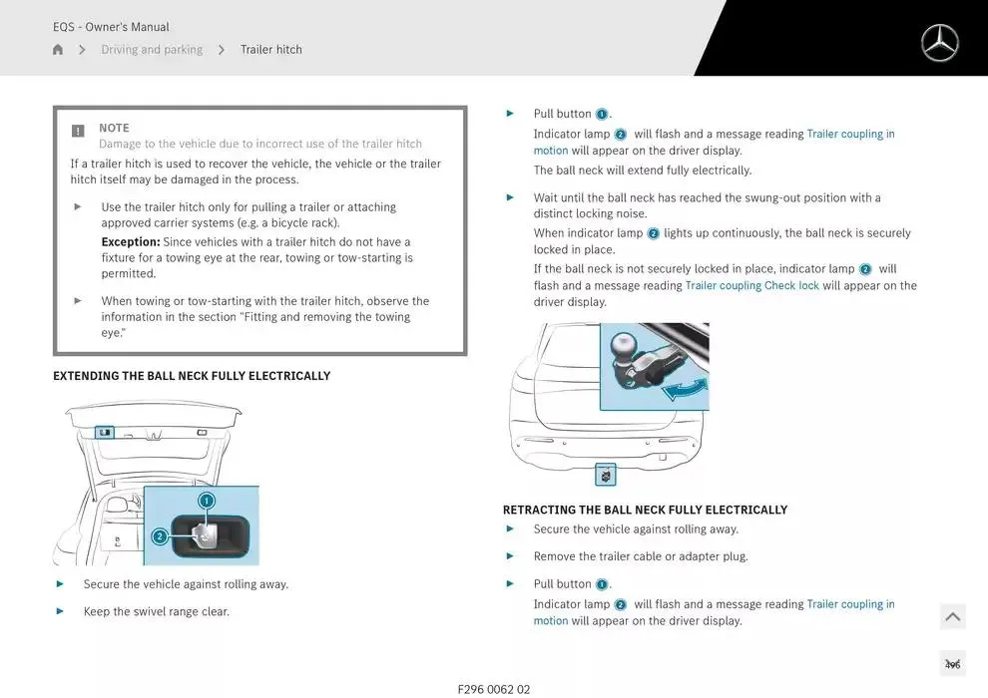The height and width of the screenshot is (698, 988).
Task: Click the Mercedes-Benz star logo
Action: (x=939, y=43)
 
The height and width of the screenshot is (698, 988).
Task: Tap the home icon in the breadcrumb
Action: (x=58, y=50)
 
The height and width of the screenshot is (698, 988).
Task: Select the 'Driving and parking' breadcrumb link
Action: (x=152, y=50)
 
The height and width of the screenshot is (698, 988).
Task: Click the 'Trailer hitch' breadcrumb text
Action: (x=270, y=50)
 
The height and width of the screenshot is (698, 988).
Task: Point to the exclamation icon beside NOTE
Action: (x=78, y=131)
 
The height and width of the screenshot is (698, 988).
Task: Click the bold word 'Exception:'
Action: (x=131, y=242)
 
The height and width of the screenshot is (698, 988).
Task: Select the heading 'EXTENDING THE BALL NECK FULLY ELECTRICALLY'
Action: (x=192, y=376)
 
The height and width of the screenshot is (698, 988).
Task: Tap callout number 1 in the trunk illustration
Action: (x=207, y=501)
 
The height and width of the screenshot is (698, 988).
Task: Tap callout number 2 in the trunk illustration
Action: (x=159, y=536)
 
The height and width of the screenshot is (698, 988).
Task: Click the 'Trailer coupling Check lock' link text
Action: (x=751, y=286)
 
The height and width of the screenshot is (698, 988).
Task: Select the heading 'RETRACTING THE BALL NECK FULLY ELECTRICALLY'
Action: (x=645, y=510)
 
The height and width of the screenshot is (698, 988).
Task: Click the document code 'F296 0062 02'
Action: (x=494, y=689)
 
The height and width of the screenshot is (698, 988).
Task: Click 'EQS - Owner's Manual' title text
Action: (x=111, y=27)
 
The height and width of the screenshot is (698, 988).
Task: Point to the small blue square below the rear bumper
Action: (x=606, y=476)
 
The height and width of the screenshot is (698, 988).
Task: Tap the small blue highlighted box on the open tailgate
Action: (x=105, y=433)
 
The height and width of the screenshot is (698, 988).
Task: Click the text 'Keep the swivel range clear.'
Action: (x=157, y=611)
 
